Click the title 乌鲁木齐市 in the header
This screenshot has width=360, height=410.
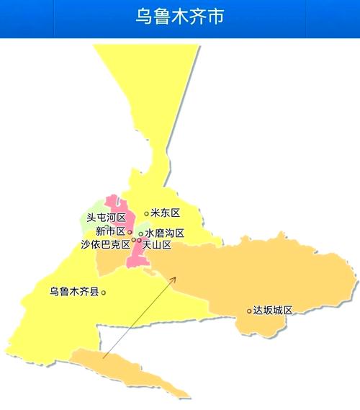[179, 16]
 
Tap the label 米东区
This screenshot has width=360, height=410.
[165, 213]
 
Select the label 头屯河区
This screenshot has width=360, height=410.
[106, 218]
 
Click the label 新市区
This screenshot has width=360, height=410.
[110, 231]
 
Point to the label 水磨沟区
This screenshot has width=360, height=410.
[165, 233]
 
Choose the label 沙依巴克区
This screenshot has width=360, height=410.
[105, 244]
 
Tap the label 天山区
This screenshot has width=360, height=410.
[157, 245]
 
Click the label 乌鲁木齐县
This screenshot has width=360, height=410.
[75, 292]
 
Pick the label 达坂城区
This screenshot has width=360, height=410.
[274, 311]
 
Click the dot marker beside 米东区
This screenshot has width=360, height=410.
[146, 213]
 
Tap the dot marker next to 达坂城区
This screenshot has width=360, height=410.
[249, 311]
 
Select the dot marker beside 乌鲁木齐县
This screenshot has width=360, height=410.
[104, 292]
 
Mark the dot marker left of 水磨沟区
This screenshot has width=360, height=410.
[140, 233]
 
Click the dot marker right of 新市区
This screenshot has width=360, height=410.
[130, 232]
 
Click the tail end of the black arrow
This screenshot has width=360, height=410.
[103, 357]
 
